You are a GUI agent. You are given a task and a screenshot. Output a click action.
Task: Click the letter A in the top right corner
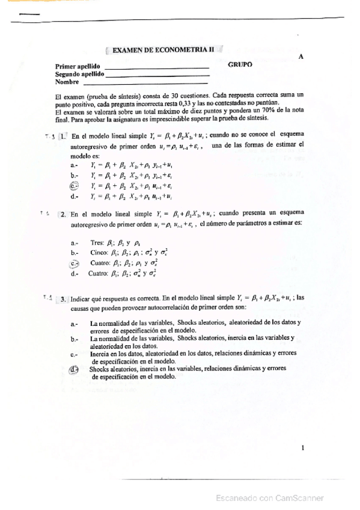click(x=300, y=56)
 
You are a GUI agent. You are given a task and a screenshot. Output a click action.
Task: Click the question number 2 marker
click(x=63, y=214)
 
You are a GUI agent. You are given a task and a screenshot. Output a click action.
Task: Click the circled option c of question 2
click(x=75, y=263)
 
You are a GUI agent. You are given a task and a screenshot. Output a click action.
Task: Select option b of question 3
click(x=74, y=339)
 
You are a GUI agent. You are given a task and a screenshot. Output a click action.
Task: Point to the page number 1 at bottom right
click(x=302, y=447)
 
